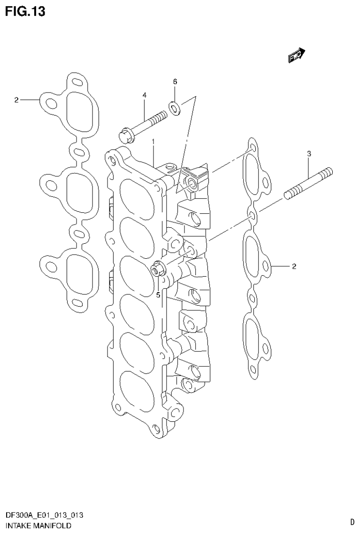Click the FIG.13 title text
[x=25, y=11]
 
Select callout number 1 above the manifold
[x=153, y=141]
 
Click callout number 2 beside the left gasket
[x=16, y=100]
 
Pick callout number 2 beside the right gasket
[x=294, y=267]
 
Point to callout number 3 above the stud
[x=309, y=154]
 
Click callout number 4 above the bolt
[x=145, y=95]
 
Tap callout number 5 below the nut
[x=158, y=295]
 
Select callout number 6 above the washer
[x=175, y=82]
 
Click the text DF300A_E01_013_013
[x=45, y=516]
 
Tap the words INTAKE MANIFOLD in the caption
[x=38, y=526]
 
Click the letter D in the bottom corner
[x=352, y=522]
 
